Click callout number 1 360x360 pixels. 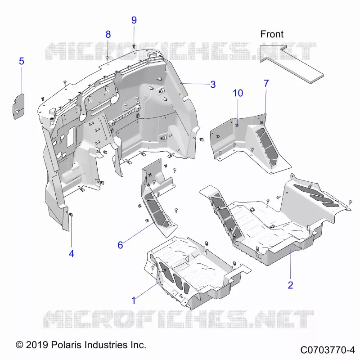134,300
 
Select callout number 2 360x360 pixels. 290,285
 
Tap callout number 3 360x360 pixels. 213,85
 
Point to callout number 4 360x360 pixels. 72,254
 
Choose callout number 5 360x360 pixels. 22,61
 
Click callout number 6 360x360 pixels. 120,245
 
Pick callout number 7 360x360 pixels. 266,83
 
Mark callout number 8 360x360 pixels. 108,34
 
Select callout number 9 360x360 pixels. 134,20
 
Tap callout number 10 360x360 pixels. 238,93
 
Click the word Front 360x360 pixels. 272,34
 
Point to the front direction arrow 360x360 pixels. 292,63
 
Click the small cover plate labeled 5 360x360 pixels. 18,106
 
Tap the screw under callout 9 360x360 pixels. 134,46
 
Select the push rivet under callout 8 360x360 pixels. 107,58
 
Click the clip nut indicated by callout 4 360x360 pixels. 71,215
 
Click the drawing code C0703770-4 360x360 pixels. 328,350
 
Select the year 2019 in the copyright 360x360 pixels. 37,345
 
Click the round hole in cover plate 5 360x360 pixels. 18,112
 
